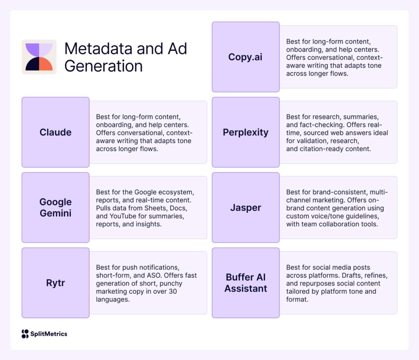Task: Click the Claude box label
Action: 55,132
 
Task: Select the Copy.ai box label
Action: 245,57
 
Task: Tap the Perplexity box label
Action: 246,132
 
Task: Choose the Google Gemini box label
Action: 55,207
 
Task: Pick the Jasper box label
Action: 246,207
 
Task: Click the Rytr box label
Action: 55,283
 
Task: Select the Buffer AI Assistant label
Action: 246,283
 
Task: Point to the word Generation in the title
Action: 104,66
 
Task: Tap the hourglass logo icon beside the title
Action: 39,57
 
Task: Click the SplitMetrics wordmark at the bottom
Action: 49,334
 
